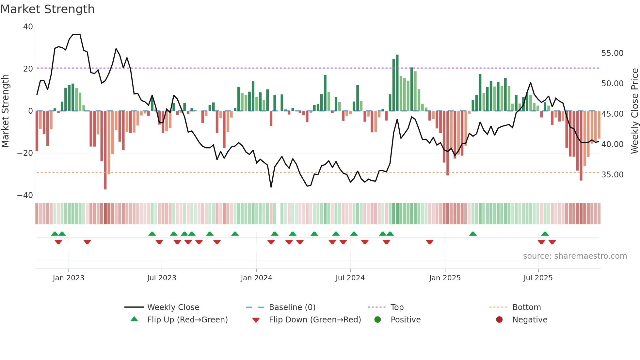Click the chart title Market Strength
(47, 9)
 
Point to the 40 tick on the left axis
(28, 27)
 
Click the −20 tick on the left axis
(25, 153)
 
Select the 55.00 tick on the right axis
(612, 53)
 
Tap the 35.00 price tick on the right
(612, 175)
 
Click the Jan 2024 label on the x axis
(256, 278)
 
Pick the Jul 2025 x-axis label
(538, 278)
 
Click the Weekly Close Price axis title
(634, 111)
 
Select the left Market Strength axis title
(5, 111)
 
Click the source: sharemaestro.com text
(575, 256)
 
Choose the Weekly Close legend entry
(173, 307)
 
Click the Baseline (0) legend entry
(292, 307)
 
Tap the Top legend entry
(397, 307)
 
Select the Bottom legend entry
(526, 307)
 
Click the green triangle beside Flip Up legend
(134, 319)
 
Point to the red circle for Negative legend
(499, 320)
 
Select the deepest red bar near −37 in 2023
(105, 150)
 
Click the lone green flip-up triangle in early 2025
(473, 234)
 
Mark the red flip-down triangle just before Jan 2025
(430, 242)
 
